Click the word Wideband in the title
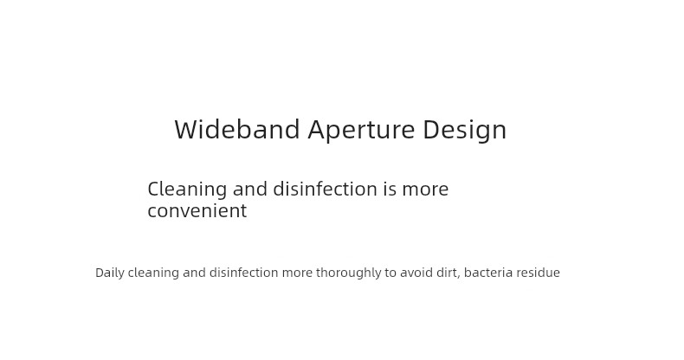[x=237, y=129]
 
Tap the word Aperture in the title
[x=361, y=131]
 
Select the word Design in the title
[x=465, y=131]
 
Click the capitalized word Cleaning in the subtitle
[x=187, y=190]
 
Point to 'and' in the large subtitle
[x=250, y=190]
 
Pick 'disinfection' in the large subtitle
[x=325, y=190]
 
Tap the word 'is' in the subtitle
[x=390, y=190]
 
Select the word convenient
[x=197, y=210]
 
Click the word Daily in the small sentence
[x=110, y=273]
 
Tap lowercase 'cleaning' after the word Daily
[x=153, y=273]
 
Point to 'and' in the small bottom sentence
[x=194, y=273]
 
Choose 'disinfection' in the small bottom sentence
[x=244, y=273]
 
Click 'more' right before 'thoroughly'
[x=297, y=274]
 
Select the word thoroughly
[x=349, y=273]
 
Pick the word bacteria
[x=488, y=273]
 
